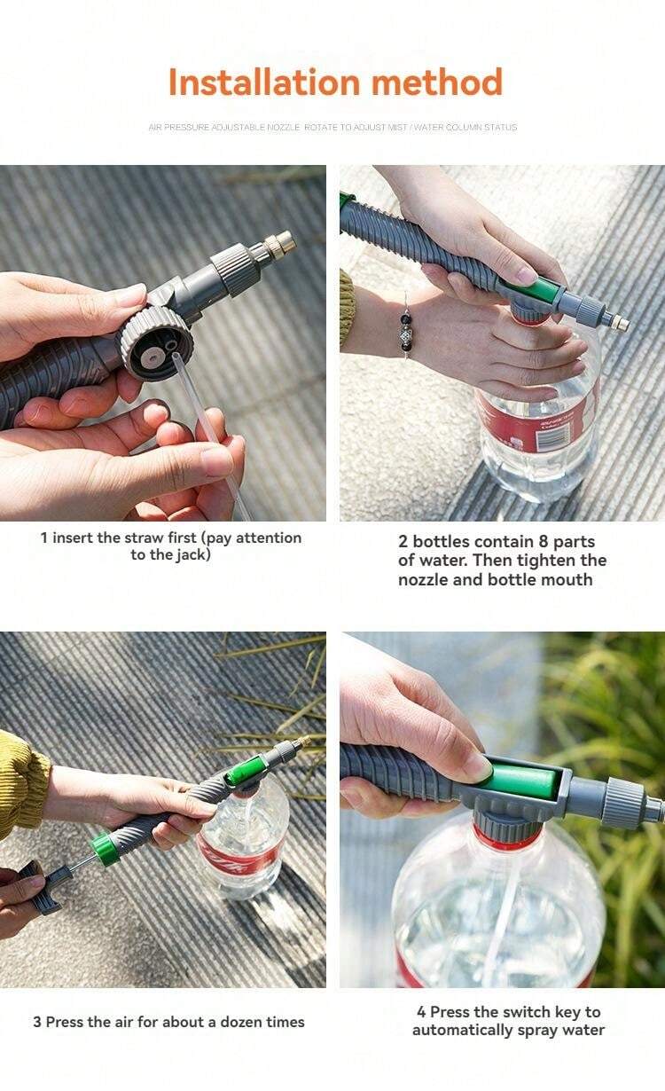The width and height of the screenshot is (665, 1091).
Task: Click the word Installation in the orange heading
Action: click(x=264, y=82)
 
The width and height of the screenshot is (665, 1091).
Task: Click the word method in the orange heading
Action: click(x=437, y=82)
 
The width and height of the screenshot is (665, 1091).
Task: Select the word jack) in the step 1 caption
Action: click(x=193, y=555)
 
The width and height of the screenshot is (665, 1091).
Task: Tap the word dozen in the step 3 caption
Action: click(x=241, y=1022)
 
